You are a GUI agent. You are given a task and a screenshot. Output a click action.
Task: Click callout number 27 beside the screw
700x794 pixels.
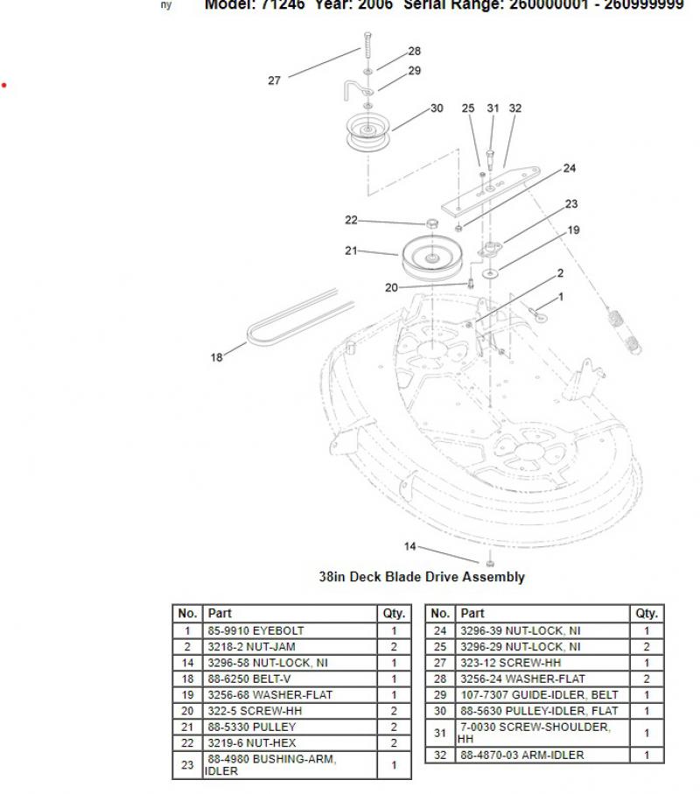point(274,81)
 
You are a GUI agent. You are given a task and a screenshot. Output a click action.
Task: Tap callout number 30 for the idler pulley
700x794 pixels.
point(437,109)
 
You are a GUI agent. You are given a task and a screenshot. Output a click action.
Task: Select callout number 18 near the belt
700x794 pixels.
point(216,357)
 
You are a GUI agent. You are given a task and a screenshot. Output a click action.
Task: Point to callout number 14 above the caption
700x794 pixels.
point(409,546)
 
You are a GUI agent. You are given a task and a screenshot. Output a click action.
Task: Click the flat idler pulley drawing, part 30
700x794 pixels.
point(370,134)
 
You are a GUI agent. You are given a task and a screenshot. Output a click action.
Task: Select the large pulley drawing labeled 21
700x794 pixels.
point(432,256)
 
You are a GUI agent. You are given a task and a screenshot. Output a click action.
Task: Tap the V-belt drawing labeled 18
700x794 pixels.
point(297,315)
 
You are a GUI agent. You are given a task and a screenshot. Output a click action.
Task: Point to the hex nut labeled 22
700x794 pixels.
point(431,222)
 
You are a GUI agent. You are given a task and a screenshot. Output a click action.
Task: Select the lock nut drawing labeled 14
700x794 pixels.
point(490,562)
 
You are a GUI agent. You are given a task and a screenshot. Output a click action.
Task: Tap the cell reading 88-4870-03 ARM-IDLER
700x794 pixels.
point(543,755)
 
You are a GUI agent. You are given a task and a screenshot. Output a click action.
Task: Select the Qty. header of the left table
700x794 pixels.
point(394,614)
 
